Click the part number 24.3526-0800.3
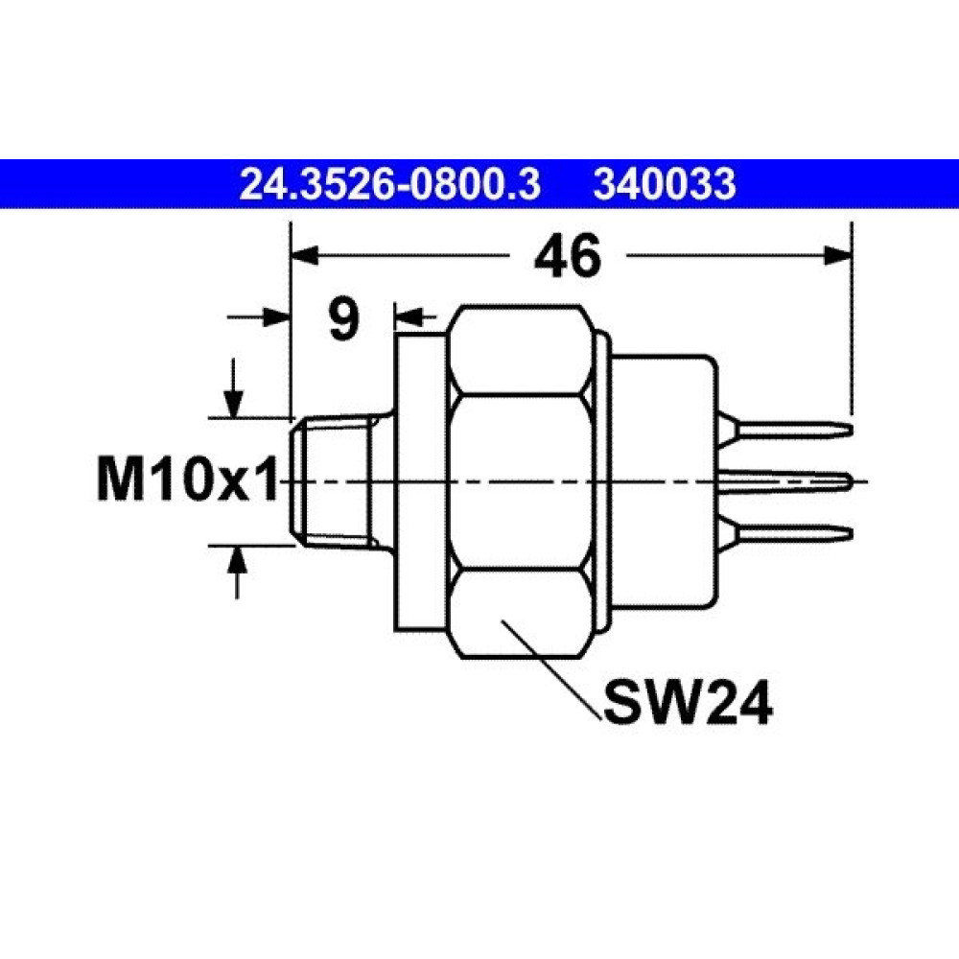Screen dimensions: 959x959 pyautogui.click(x=389, y=185)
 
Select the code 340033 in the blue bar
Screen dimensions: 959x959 pyautogui.click(x=665, y=185)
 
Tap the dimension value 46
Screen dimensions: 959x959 pyautogui.click(x=568, y=257)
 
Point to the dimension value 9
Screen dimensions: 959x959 pyautogui.click(x=343, y=320)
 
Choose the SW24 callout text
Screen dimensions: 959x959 pyautogui.click(x=688, y=703)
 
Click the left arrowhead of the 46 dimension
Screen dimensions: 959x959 pyautogui.click(x=305, y=256)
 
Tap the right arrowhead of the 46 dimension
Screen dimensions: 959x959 pyautogui.click(x=837, y=256)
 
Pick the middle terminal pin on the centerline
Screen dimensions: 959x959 pyautogui.click(x=786, y=480)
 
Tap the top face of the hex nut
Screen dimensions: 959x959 pyautogui.click(x=520, y=350)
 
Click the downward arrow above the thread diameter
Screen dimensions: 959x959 pyautogui.click(x=233, y=387)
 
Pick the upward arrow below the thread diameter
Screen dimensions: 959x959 pyautogui.click(x=237, y=572)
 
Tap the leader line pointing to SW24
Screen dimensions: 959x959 pyautogui.click(x=550, y=671)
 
